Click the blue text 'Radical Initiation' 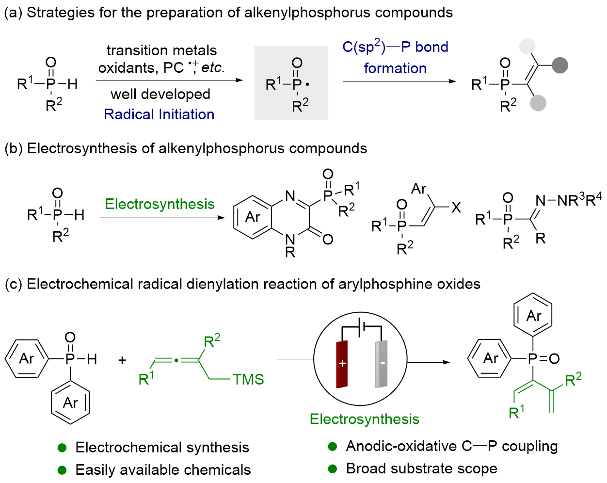click(159, 114)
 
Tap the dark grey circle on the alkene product click(560, 65)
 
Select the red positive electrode click(342, 364)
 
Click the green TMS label click(248, 379)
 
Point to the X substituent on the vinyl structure click(456, 208)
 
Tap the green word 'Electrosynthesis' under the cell click(365, 419)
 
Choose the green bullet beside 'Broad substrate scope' click(332, 468)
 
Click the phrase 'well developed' click(160, 94)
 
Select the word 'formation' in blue click(395, 68)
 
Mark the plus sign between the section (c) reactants click(122, 360)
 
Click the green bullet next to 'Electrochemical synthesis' click(62, 447)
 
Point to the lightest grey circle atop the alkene click(527, 47)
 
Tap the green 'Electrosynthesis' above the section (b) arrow click(160, 204)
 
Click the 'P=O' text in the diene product click(543, 359)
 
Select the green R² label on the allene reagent click(212, 340)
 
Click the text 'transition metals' click(161, 50)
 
